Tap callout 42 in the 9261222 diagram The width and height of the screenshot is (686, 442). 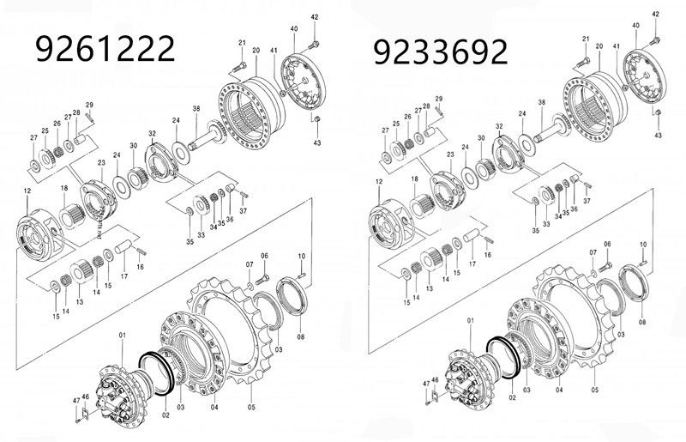coord(315,17)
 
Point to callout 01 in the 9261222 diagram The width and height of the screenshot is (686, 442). coord(123,334)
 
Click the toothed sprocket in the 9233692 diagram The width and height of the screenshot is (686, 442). coord(575,330)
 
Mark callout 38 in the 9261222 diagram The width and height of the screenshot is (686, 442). coord(196,109)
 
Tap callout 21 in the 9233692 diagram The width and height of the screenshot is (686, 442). coord(586,40)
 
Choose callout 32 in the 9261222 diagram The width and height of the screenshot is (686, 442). coord(152,134)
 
